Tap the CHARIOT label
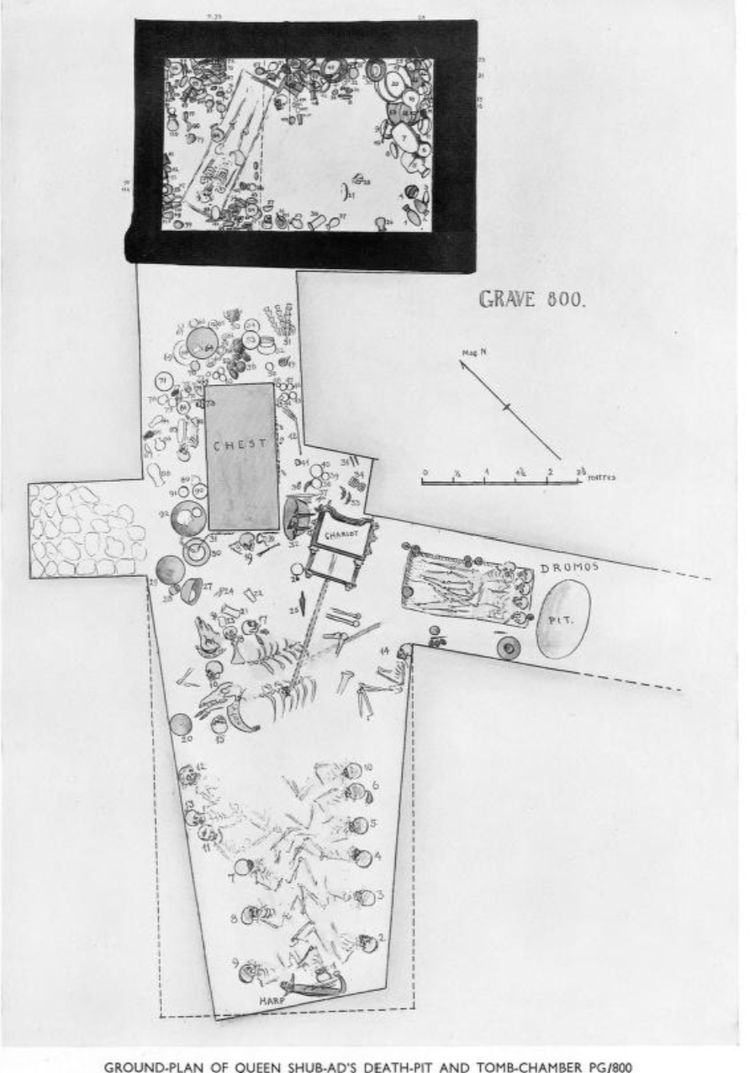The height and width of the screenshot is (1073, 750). (x=338, y=530)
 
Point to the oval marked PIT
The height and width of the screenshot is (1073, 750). (x=562, y=619)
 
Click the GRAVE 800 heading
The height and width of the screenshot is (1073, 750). (x=531, y=299)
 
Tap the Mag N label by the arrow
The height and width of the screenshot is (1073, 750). (x=467, y=354)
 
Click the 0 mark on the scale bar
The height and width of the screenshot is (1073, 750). (x=425, y=473)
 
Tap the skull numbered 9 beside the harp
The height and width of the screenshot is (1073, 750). (x=246, y=974)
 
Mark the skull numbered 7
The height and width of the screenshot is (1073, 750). (x=243, y=867)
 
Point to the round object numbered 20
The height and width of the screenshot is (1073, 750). (x=181, y=724)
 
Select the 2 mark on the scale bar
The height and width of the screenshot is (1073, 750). (x=550, y=473)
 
